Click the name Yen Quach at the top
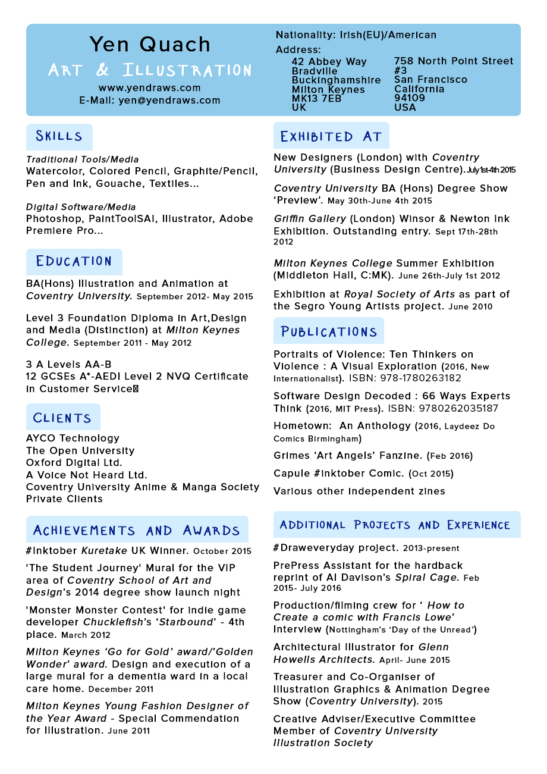150,45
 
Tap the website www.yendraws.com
150,88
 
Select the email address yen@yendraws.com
169,101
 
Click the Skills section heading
59,136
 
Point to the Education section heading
74,261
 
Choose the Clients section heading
62,418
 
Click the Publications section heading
329,331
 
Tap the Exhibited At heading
331,137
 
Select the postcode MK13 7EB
316,99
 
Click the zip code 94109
409,98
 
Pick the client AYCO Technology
73,438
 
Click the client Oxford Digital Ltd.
74,463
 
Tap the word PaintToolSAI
124,219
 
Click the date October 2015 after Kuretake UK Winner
222,551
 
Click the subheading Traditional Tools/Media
82,159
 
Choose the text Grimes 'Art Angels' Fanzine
349,456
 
